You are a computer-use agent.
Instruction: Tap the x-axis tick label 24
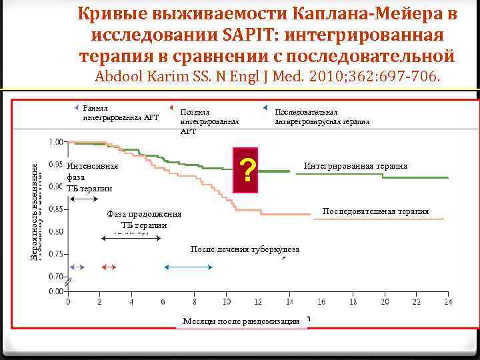click(x=447, y=302)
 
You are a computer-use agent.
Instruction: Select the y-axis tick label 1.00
click(x=56, y=141)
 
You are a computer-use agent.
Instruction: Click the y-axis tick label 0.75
click(x=56, y=253)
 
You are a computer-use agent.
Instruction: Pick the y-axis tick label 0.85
click(x=56, y=209)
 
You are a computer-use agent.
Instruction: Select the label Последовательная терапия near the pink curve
click(x=375, y=211)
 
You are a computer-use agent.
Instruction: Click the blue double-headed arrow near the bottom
click(x=188, y=267)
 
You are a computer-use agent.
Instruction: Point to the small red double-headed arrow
click(x=109, y=267)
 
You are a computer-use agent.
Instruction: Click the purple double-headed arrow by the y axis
click(x=77, y=267)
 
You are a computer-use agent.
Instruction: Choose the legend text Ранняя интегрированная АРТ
click(x=121, y=113)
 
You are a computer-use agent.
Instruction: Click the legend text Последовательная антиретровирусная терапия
click(x=322, y=117)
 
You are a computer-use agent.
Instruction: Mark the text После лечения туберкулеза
click(x=245, y=249)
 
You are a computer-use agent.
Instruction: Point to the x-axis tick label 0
click(x=67, y=302)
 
